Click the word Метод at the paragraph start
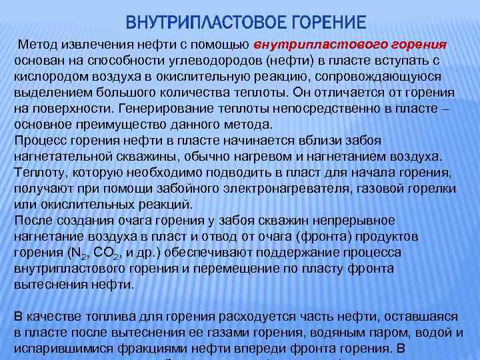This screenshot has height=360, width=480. (x=38, y=44)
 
